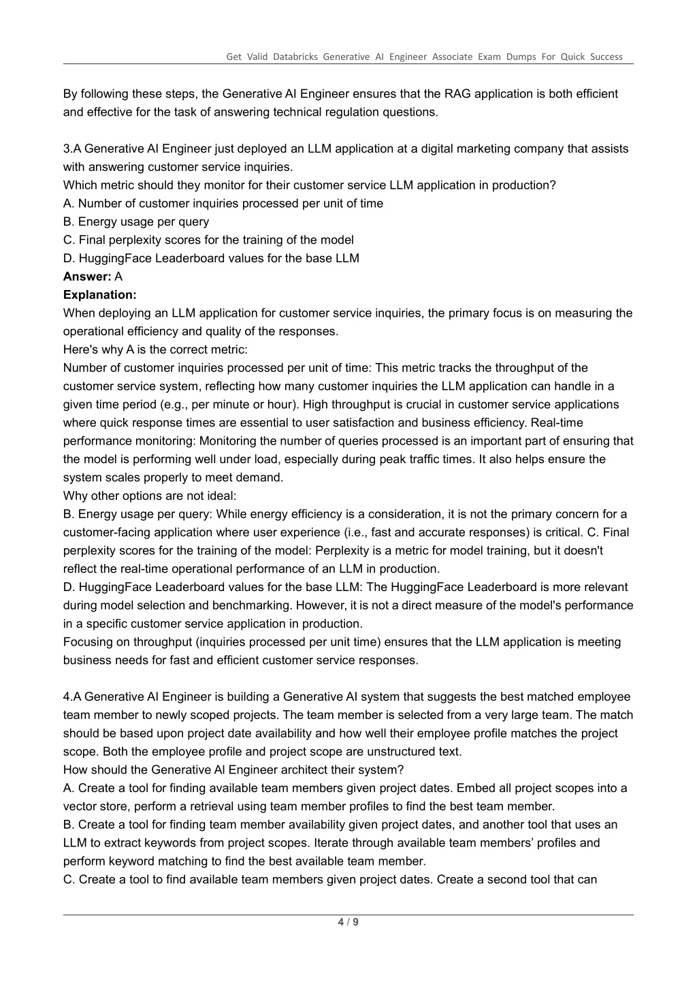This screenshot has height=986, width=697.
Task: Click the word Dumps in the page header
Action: point(521,57)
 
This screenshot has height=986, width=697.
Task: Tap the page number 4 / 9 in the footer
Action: point(348,923)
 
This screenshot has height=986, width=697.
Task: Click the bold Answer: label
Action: point(87,276)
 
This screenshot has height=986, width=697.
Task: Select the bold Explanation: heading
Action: point(99,295)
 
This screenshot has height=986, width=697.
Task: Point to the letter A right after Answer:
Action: point(118,276)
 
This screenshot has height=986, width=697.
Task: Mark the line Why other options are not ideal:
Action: point(150,496)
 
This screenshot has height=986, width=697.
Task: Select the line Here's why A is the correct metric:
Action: point(155,350)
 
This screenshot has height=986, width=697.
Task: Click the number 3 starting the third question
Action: point(67,148)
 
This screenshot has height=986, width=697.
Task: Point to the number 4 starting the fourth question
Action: point(67,697)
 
